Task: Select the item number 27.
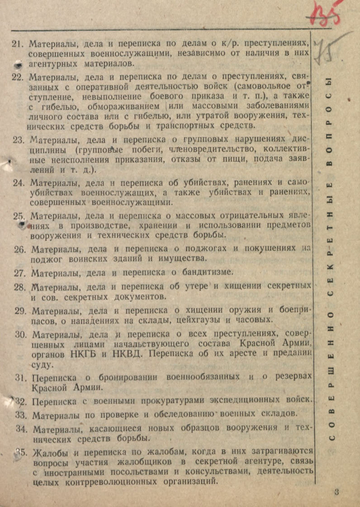20,273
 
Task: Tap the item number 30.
21,334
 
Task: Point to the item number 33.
21,414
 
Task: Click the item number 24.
19,182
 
